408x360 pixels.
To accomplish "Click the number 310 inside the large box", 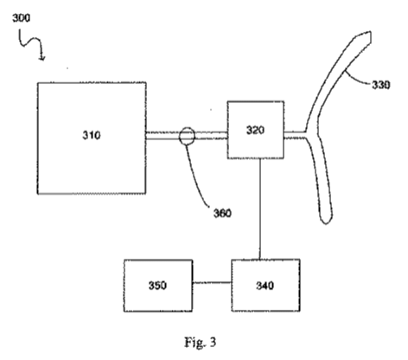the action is [92, 135].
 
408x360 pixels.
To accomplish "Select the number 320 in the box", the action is [255, 130].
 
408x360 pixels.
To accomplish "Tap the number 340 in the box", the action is [265, 286].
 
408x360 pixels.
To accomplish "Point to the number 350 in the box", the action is [157, 286].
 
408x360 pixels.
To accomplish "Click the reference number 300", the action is [21, 18].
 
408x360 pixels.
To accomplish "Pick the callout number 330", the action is [381, 85].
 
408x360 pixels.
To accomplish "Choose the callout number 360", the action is [222, 213].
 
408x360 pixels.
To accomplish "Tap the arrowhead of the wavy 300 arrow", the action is [42, 59].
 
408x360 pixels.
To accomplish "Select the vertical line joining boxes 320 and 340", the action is [260, 209].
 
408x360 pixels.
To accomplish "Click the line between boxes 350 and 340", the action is [212, 282].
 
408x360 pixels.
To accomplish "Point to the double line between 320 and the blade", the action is [295, 135].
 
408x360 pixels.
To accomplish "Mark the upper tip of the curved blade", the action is [370, 32].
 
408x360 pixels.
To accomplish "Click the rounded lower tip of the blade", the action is [327, 222].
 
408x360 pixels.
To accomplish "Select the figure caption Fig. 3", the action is [201, 343].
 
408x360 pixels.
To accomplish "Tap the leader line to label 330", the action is [356, 79].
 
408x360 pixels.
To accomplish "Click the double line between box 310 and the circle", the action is [163, 136].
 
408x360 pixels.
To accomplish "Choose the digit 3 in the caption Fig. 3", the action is [213, 342].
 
